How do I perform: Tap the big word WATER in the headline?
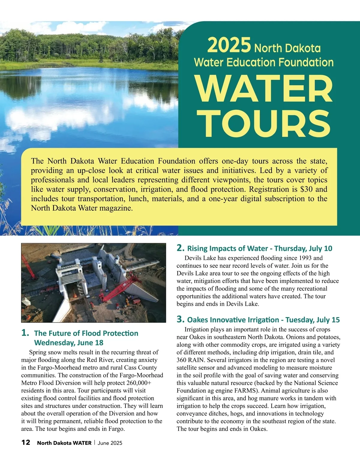(x=264, y=89)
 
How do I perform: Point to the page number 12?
(x=26, y=443)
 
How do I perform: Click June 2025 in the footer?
(x=110, y=443)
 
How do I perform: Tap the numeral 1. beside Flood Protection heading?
(x=25, y=333)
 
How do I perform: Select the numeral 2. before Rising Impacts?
(x=181, y=248)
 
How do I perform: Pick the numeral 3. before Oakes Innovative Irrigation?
(x=181, y=319)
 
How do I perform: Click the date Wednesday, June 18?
(x=69, y=343)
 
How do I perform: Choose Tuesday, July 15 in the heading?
(x=313, y=320)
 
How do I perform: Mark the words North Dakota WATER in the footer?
(x=64, y=443)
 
